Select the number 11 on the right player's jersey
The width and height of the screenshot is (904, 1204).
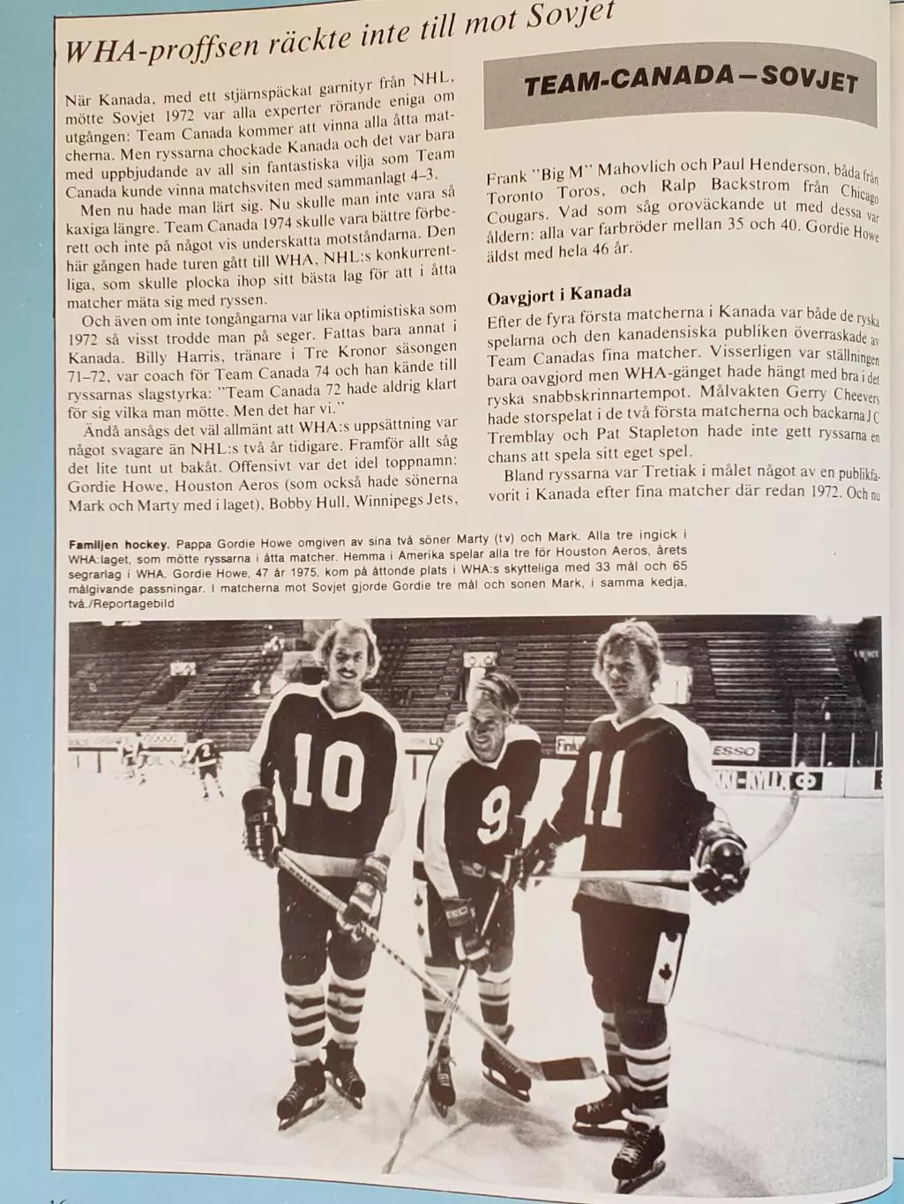tap(606, 784)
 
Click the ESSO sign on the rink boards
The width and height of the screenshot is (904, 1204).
tap(733, 751)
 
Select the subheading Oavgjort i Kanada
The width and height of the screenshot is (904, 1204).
tap(559, 294)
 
